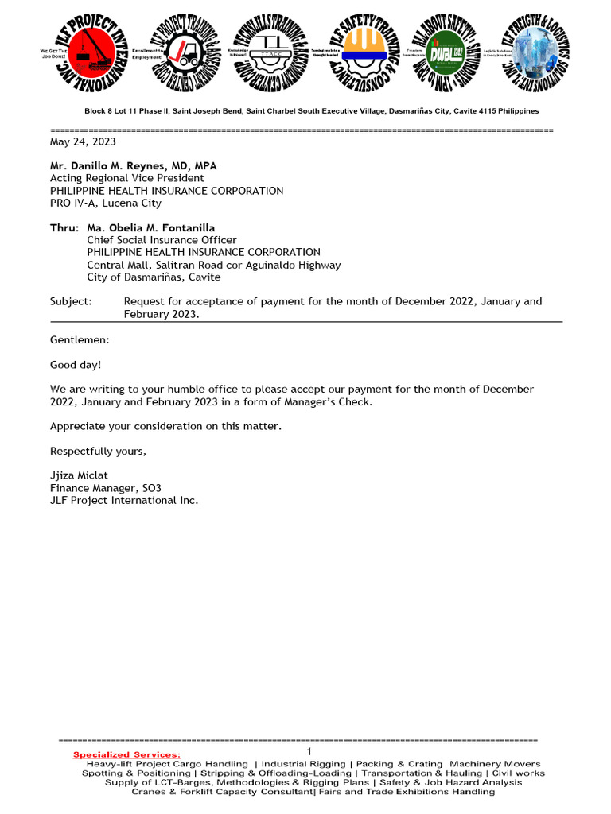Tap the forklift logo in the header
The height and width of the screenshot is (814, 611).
tap(186, 53)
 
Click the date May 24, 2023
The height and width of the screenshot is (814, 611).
tap(83, 142)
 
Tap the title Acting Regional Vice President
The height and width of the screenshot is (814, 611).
tap(126, 179)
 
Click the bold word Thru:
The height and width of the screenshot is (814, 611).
tap(64, 228)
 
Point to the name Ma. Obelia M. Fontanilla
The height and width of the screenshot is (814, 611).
tap(150, 228)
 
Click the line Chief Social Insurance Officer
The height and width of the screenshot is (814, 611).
tap(162, 240)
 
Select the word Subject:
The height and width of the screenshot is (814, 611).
tap(71, 301)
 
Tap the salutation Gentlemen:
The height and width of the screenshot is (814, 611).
tap(80, 339)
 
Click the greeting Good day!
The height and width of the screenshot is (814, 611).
tap(76, 365)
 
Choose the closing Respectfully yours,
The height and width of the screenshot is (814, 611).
tap(98, 451)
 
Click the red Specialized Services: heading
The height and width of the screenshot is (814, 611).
tap(126, 754)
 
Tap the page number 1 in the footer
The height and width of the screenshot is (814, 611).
tap(309, 752)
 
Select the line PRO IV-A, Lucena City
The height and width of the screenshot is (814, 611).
tap(106, 203)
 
